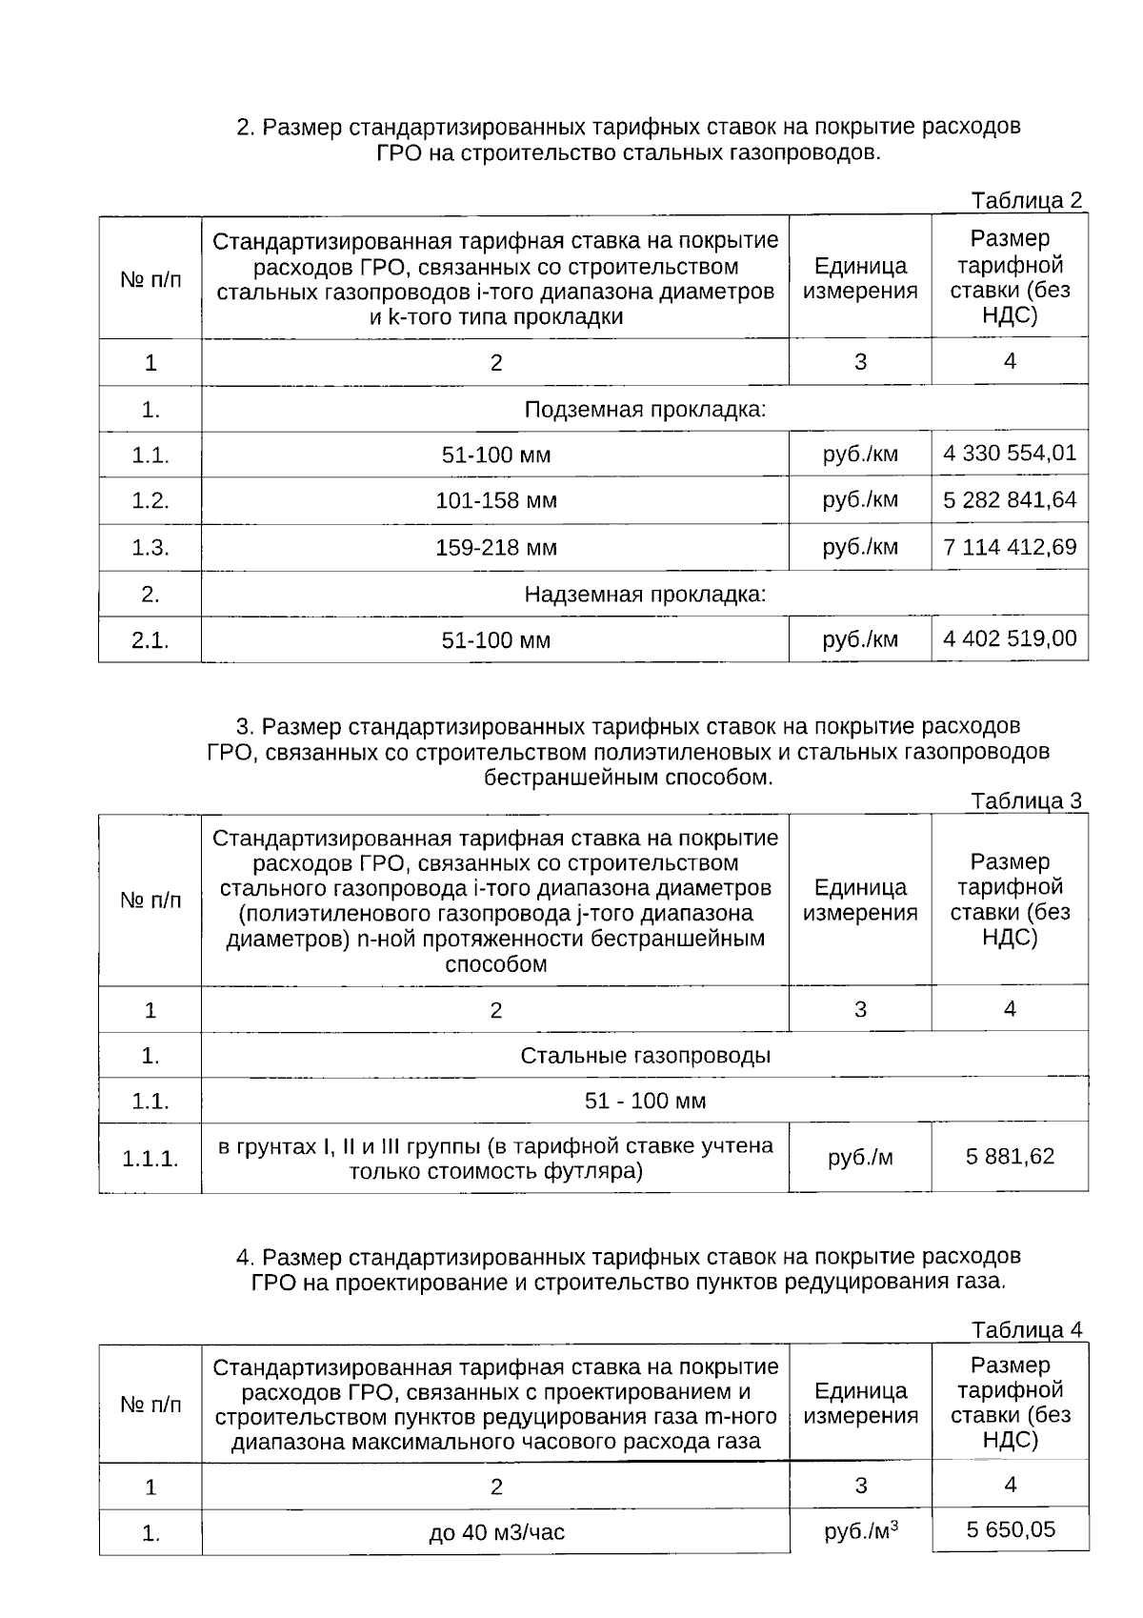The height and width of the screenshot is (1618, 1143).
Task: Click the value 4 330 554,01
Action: (1010, 454)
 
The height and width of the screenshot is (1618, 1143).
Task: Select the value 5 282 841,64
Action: (1010, 500)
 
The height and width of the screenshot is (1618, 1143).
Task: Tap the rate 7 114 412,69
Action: (1010, 547)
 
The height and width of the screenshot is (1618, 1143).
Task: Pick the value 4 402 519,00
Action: (1010, 638)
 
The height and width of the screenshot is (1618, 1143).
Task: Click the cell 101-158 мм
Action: (495, 501)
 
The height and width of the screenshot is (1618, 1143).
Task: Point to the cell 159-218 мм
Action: (495, 548)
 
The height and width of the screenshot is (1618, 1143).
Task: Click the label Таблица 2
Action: (1027, 201)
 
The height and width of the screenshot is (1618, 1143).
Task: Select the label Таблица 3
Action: (1027, 801)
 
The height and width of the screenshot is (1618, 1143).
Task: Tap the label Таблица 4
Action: (1027, 1329)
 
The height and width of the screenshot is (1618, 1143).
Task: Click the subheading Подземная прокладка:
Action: (645, 410)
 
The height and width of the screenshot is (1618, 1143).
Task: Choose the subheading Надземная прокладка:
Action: (645, 595)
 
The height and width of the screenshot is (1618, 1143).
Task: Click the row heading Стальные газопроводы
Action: (645, 1056)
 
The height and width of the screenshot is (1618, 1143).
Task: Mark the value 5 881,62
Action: (1010, 1157)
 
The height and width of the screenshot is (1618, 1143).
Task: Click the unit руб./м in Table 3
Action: (860, 1158)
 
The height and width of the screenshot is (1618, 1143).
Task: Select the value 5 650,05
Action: (1010, 1530)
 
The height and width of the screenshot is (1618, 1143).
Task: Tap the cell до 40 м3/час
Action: (495, 1533)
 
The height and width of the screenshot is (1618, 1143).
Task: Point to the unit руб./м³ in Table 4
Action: (861, 1531)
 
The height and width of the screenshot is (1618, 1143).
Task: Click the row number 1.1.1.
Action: (150, 1159)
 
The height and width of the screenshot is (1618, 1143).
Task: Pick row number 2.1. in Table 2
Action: (150, 640)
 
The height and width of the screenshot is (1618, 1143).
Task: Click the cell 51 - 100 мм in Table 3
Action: (645, 1102)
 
